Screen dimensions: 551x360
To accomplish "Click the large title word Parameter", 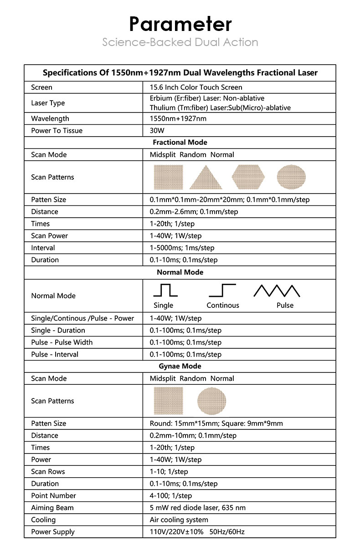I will (x=180, y=24).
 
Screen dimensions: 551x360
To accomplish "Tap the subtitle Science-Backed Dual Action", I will (x=180, y=42).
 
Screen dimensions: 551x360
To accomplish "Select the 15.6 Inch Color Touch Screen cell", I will (x=196, y=87).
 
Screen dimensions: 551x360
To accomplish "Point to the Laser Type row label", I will (x=48, y=103).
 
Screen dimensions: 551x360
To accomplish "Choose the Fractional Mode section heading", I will (x=180, y=143).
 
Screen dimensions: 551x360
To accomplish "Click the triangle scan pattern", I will (x=206, y=177).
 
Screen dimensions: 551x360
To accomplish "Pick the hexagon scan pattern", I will (x=248, y=177).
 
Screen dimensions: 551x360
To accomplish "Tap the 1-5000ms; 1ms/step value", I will (x=182, y=248).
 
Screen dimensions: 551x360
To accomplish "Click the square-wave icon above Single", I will (x=165, y=290).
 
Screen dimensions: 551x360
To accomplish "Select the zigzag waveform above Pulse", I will (x=277, y=291).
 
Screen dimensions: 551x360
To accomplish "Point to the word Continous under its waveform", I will (x=223, y=305).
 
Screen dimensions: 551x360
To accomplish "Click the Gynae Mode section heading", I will (x=180, y=366).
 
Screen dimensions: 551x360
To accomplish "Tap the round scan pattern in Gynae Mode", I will (x=211, y=401).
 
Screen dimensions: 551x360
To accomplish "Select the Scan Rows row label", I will (x=48, y=471).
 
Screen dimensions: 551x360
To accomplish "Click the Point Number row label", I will (x=53, y=495).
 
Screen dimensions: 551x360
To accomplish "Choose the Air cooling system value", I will (x=179, y=520).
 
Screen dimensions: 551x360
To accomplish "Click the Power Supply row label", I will (x=53, y=532).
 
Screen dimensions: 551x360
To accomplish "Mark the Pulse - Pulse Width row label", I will (x=62, y=342).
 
